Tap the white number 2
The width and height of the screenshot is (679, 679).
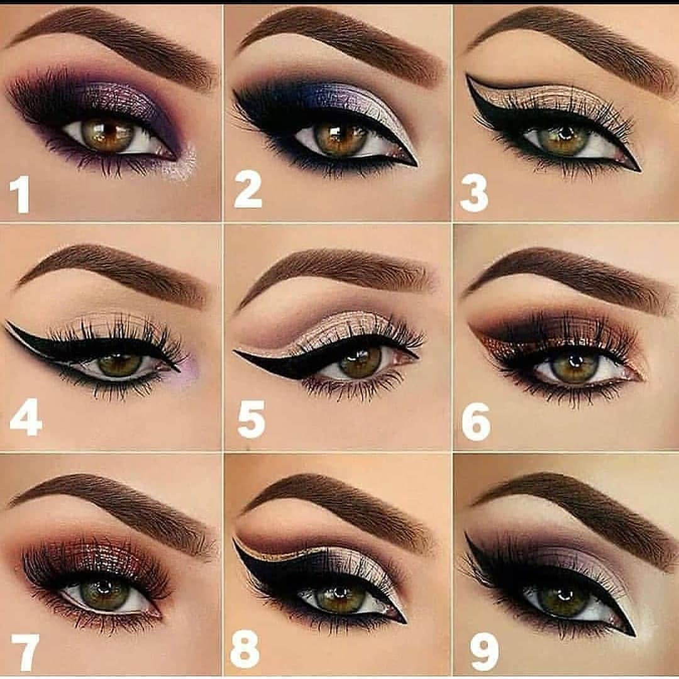click(248, 189)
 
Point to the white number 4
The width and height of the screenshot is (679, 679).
click(26, 417)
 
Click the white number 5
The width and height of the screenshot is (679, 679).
click(251, 419)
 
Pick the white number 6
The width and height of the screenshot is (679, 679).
click(476, 422)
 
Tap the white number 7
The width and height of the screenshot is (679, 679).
click(25, 653)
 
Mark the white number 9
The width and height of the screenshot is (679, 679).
click(485, 651)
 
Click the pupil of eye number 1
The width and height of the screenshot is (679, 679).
click(107, 133)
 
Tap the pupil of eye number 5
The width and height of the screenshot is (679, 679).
click(360, 361)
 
